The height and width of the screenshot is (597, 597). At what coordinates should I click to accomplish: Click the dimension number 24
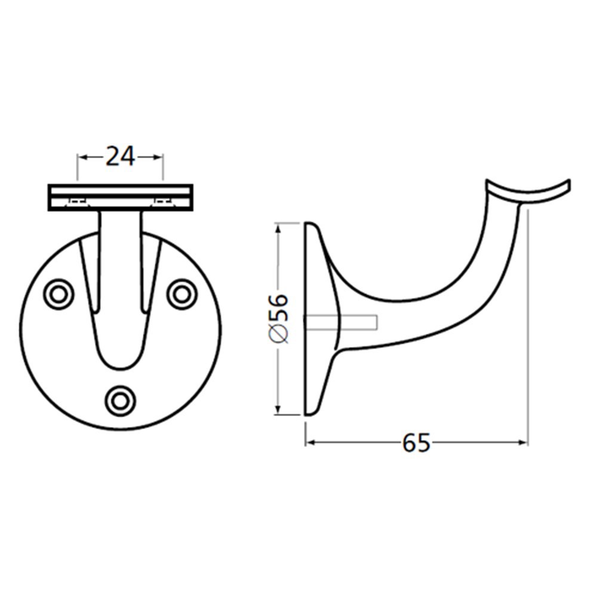pos(121,156)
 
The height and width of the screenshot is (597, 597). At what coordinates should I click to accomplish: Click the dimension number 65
pos(416,443)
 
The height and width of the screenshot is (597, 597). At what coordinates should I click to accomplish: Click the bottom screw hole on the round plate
pos(120,399)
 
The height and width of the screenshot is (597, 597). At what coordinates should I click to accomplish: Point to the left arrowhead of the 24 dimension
pos(82,157)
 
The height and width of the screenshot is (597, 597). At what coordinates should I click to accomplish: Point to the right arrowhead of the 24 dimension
pos(158,157)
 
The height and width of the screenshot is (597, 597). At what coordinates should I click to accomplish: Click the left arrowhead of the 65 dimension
pos(310,442)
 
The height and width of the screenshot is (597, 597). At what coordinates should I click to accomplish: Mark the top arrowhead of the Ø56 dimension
pos(278,227)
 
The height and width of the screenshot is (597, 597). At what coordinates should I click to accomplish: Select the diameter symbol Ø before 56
pos(279,336)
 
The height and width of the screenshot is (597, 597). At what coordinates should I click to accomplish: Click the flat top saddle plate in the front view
pos(120,197)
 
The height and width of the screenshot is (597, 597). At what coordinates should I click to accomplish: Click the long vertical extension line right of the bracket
pos(528,328)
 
